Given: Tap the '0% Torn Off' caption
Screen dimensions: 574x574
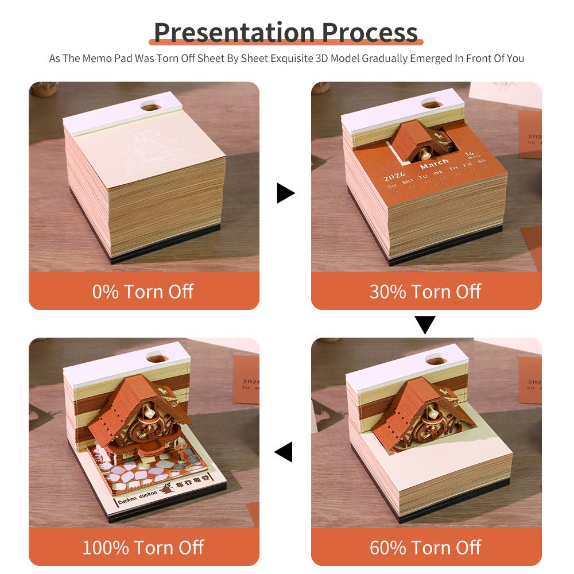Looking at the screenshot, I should (143, 291).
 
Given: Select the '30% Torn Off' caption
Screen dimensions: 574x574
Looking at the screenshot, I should (425, 291).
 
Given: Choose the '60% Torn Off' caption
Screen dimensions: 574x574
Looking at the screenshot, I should (425, 547).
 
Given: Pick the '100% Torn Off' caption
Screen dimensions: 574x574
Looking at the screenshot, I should (143, 547).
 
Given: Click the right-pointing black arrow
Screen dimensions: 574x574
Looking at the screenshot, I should (285, 193).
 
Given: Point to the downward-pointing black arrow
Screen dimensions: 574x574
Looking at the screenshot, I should (425, 325).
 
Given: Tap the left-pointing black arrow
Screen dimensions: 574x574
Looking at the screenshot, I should (284, 451).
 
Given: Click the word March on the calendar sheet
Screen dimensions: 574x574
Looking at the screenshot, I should (434, 166).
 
